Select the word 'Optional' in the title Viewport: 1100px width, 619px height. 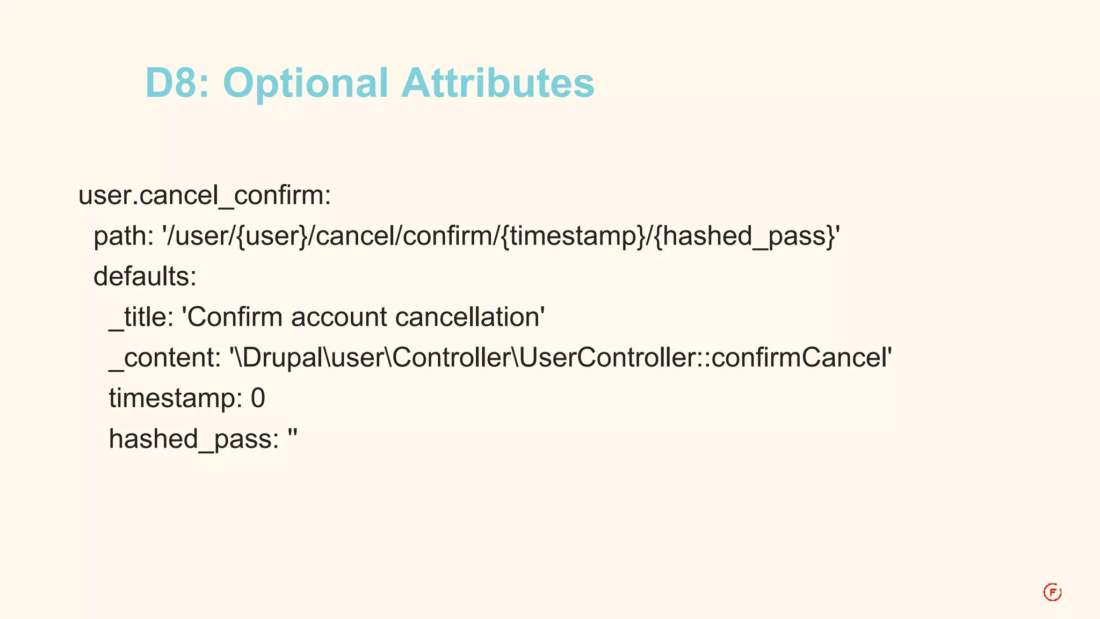click(x=305, y=83)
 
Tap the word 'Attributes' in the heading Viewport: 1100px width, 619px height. click(x=498, y=83)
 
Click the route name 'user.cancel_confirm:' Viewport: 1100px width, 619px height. click(x=205, y=195)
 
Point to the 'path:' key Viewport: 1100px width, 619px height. click(x=124, y=236)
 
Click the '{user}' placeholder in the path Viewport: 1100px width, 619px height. click(x=272, y=236)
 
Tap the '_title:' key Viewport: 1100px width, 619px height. click(x=141, y=317)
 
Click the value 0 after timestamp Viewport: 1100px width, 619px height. click(x=258, y=399)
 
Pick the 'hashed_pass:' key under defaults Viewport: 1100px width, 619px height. click(x=194, y=439)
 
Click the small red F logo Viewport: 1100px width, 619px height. click(x=1052, y=592)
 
